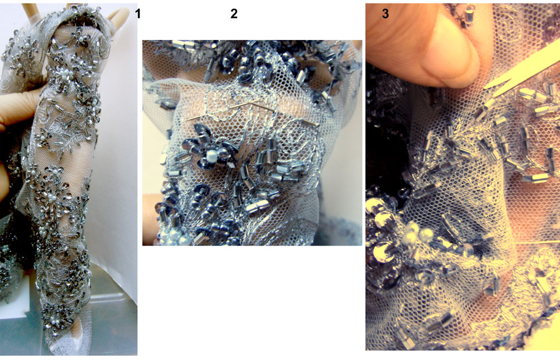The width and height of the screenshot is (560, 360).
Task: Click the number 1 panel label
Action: (138, 14)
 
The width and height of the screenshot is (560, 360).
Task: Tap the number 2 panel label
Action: (234, 14)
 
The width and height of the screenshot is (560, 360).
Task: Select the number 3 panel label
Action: (386, 14)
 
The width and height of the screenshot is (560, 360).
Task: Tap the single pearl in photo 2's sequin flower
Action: (212, 156)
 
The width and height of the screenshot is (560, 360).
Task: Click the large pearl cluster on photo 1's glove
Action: (64, 74)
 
